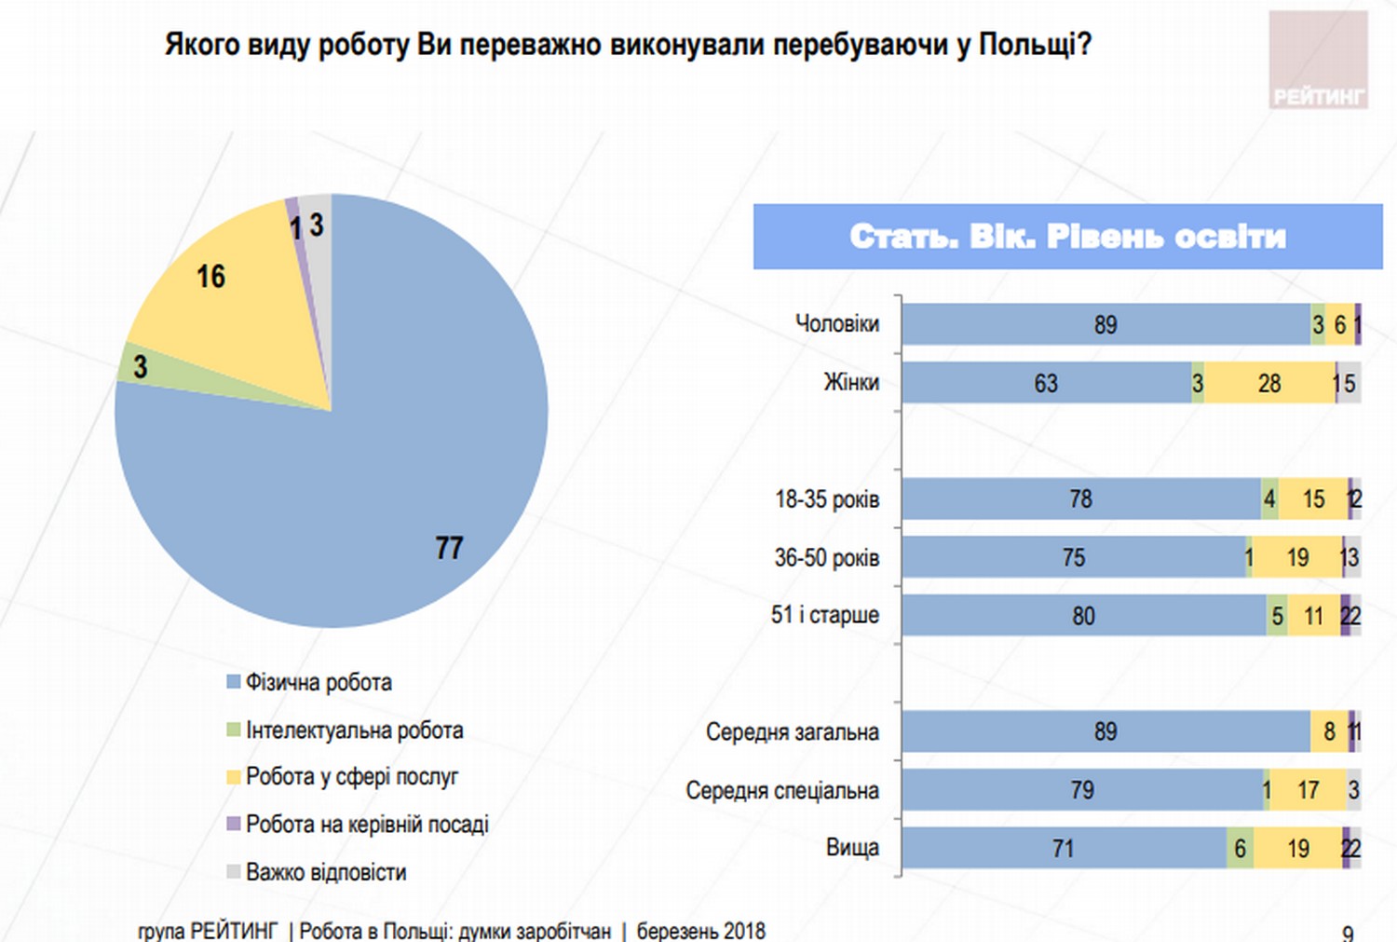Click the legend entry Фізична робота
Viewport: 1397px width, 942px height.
click(x=318, y=683)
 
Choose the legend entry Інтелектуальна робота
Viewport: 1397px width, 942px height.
click(x=353, y=730)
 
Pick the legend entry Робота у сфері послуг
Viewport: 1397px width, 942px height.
click(x=351, y=777)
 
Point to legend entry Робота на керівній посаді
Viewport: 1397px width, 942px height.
click(x=366, y=825)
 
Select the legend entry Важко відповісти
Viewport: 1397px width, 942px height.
click(x=325, y=873)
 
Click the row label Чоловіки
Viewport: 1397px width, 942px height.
click(x=836, y=324)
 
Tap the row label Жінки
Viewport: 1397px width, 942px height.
click(x=850, y=383)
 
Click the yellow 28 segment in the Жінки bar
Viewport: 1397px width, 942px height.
click(x=1269, y=383)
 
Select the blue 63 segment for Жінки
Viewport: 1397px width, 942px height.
click(x=1046, y=383)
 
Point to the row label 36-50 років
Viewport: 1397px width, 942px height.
click(x=826, y=558)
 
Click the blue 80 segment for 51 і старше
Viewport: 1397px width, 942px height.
click(x=1083, y=616)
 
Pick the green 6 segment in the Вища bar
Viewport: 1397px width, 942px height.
click(x=1240, y=849)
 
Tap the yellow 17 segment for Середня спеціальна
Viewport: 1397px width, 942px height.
click(x=1308, y=790)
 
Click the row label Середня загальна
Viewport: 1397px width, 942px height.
click(x=792, y=732)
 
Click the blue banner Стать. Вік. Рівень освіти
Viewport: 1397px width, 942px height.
click(x=1067, y=237)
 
